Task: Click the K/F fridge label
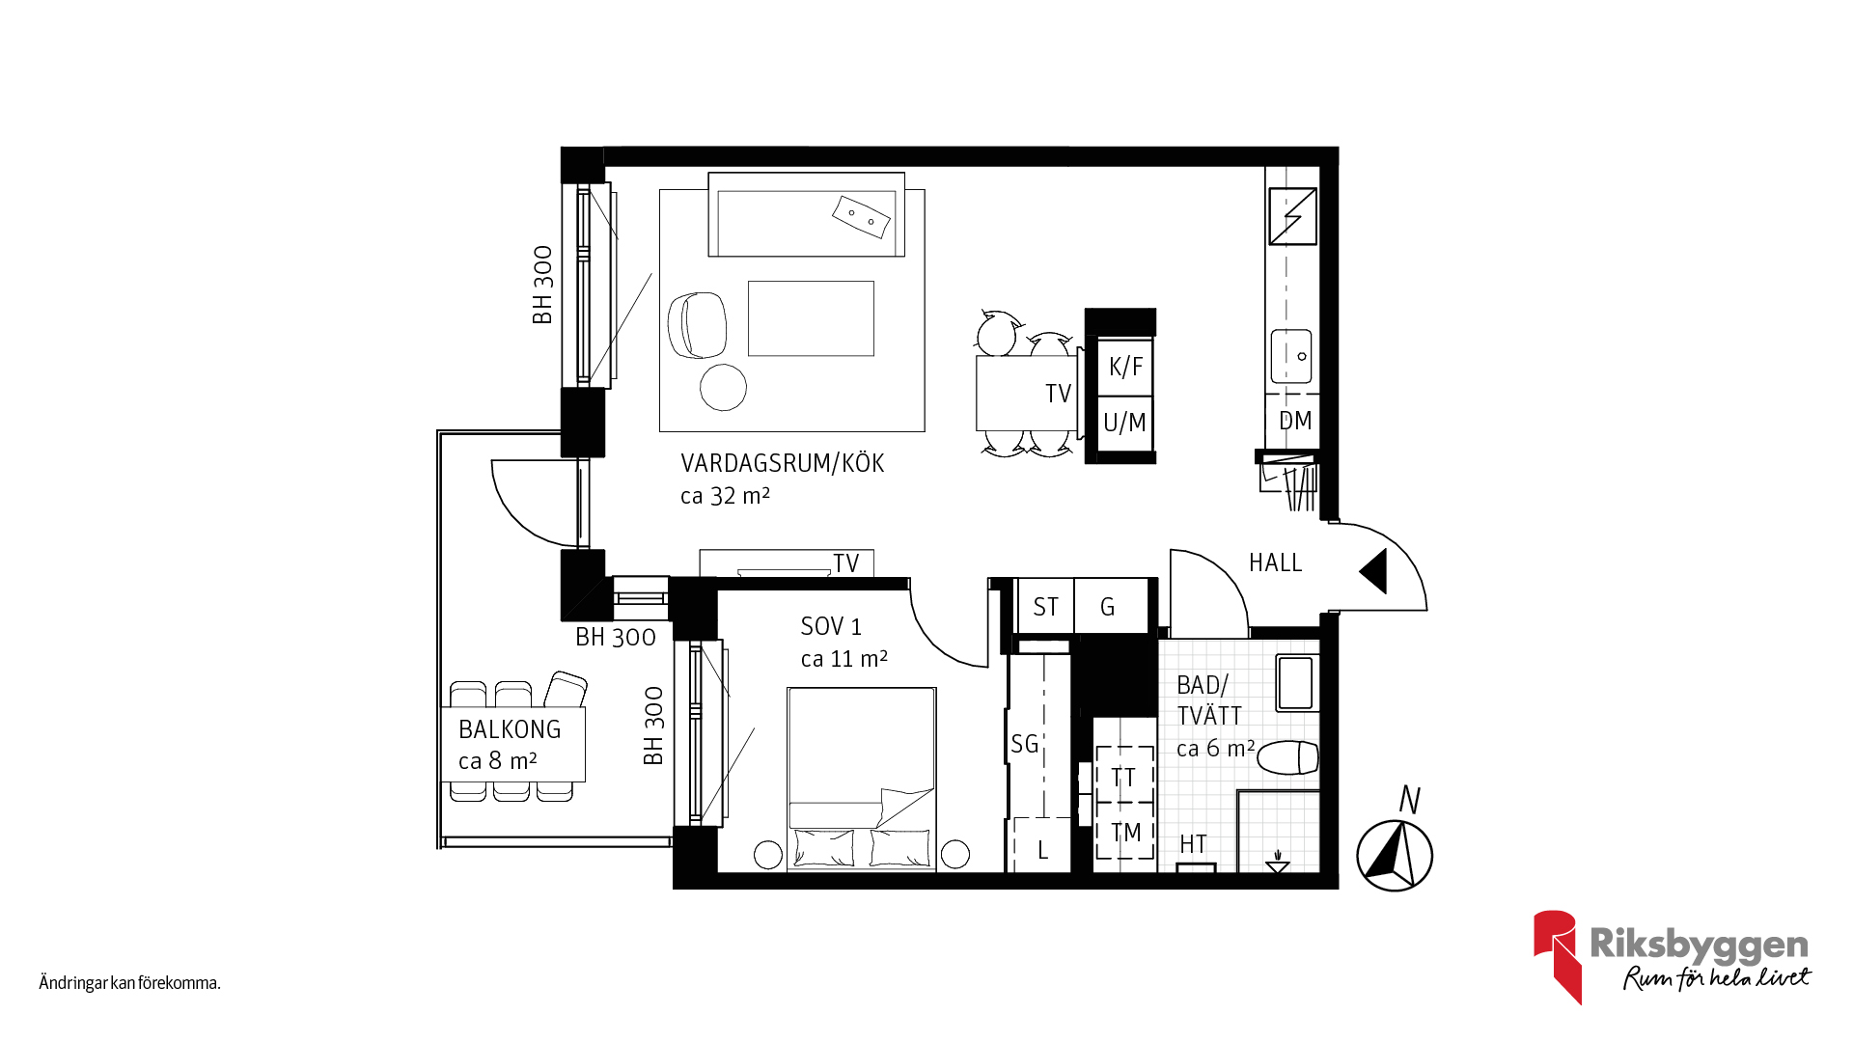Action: (x=1125, y=367)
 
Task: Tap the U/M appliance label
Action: (x=1124, y=423)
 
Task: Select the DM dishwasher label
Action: (x=1295, y=421)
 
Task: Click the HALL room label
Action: (x=1275, y=562)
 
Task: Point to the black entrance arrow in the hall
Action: (x=1375, y=571)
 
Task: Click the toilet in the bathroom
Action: (x=1288, y=757)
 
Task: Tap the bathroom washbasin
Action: (x=1295, y=682)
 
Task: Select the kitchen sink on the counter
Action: (x=1291, y=356)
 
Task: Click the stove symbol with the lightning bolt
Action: (x=1293, y=216)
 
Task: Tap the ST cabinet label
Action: (x=1045, y=607)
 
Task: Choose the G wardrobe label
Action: (x=1107, y=607)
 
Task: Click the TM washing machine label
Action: (x=1125, y=833)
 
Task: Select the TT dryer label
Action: (x=1123, y=778)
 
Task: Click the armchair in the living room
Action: (x=697, y=325)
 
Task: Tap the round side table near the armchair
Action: (x=723, y=387)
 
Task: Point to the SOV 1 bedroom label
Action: (x=831, y=626)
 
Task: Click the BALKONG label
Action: (x=510, y=729)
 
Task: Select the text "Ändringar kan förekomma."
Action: (x=130, y=983)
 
